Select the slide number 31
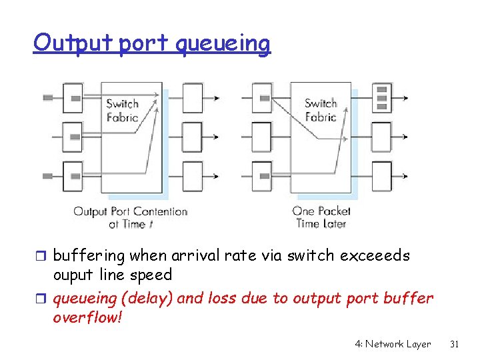(x=455, y=344)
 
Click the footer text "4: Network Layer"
(x=393, y=344)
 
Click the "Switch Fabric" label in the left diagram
(x=122, y=110)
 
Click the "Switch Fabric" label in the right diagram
(x=321, y=110)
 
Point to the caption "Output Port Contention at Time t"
(x=131, y=218)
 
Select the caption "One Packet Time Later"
(x=321, y=218)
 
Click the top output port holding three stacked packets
(x=382, y=97)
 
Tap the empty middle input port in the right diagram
(x=262, y=137)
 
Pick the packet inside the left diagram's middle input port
(x=75, y=137)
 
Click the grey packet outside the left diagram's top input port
(x=48, y=98)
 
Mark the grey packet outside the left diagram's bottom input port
(x=48, y=176)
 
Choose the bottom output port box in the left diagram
(x=192, y=176)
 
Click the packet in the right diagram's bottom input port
(x=265, y=176)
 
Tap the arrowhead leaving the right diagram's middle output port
(x=405, y=137)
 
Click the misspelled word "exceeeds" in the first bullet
(x=375, y=256)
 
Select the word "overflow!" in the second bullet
(x=87, y=317)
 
